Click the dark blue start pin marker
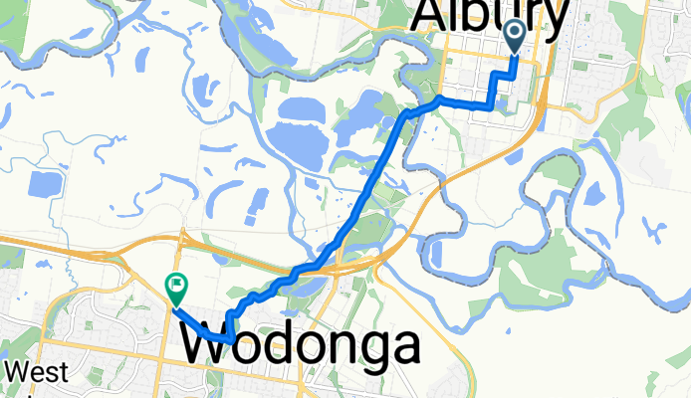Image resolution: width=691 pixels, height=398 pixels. pos(516,36)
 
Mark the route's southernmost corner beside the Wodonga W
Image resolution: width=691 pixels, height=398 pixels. pos(231,339)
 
